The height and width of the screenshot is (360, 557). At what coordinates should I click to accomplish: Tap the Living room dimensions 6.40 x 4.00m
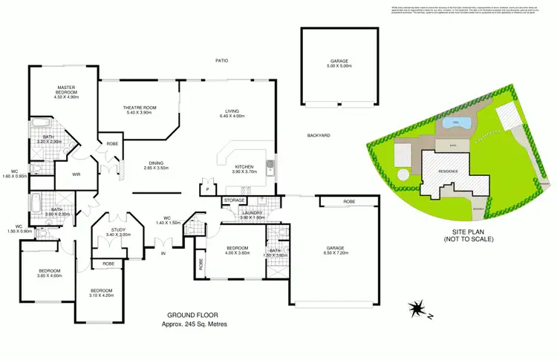(231, 117)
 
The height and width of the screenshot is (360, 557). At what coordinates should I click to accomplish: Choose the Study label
(117, 230)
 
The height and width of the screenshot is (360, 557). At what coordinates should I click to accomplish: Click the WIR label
(76, 175)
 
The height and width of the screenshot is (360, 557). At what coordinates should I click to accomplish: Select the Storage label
(235, 200)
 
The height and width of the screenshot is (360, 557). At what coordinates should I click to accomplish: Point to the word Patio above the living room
(221, 60)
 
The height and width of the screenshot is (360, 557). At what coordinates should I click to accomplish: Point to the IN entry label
(163, 253)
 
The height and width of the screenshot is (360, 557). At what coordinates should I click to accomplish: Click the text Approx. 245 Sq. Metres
(194, 324)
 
